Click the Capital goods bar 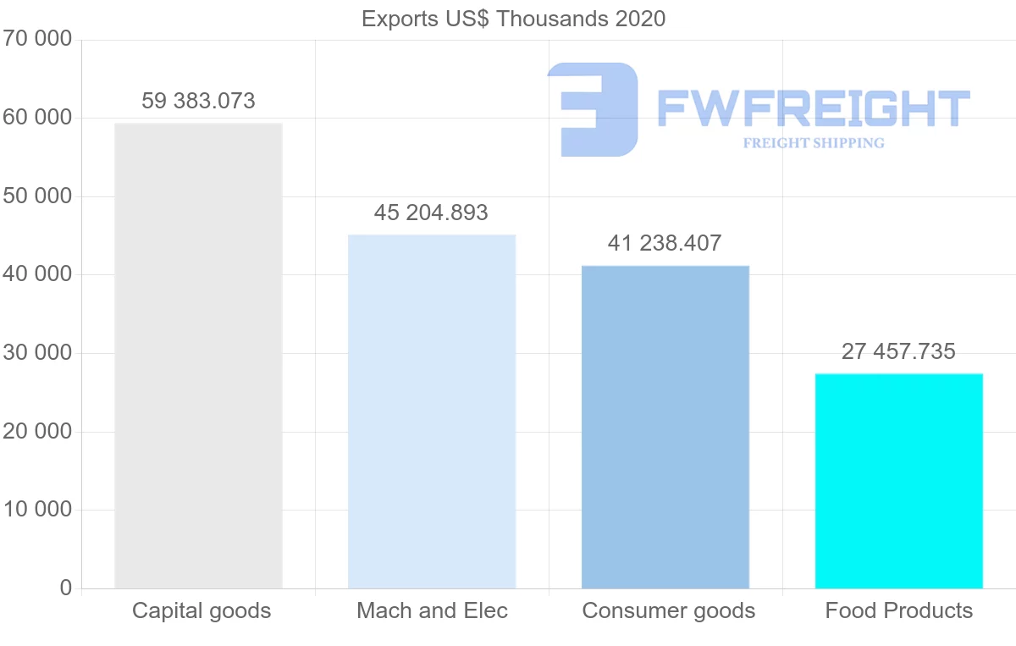pos(198,356)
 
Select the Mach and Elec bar pos(432,411)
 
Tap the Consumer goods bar pos(665,427)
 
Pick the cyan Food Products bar pos(898,481)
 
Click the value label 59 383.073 pos(198,102)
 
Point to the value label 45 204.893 pos(431,213)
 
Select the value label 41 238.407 pos(665,244)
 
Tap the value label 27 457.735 pos(898,351)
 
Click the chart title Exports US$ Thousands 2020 pos(513,19)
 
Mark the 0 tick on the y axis pos(66,588)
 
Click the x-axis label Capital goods pos(202,610)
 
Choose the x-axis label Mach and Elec pos(432,610)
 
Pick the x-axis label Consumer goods pos(668,610)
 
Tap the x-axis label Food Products pos(899,610)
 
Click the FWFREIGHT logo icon pos(593,109)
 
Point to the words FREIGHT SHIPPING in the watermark pos(814,143)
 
